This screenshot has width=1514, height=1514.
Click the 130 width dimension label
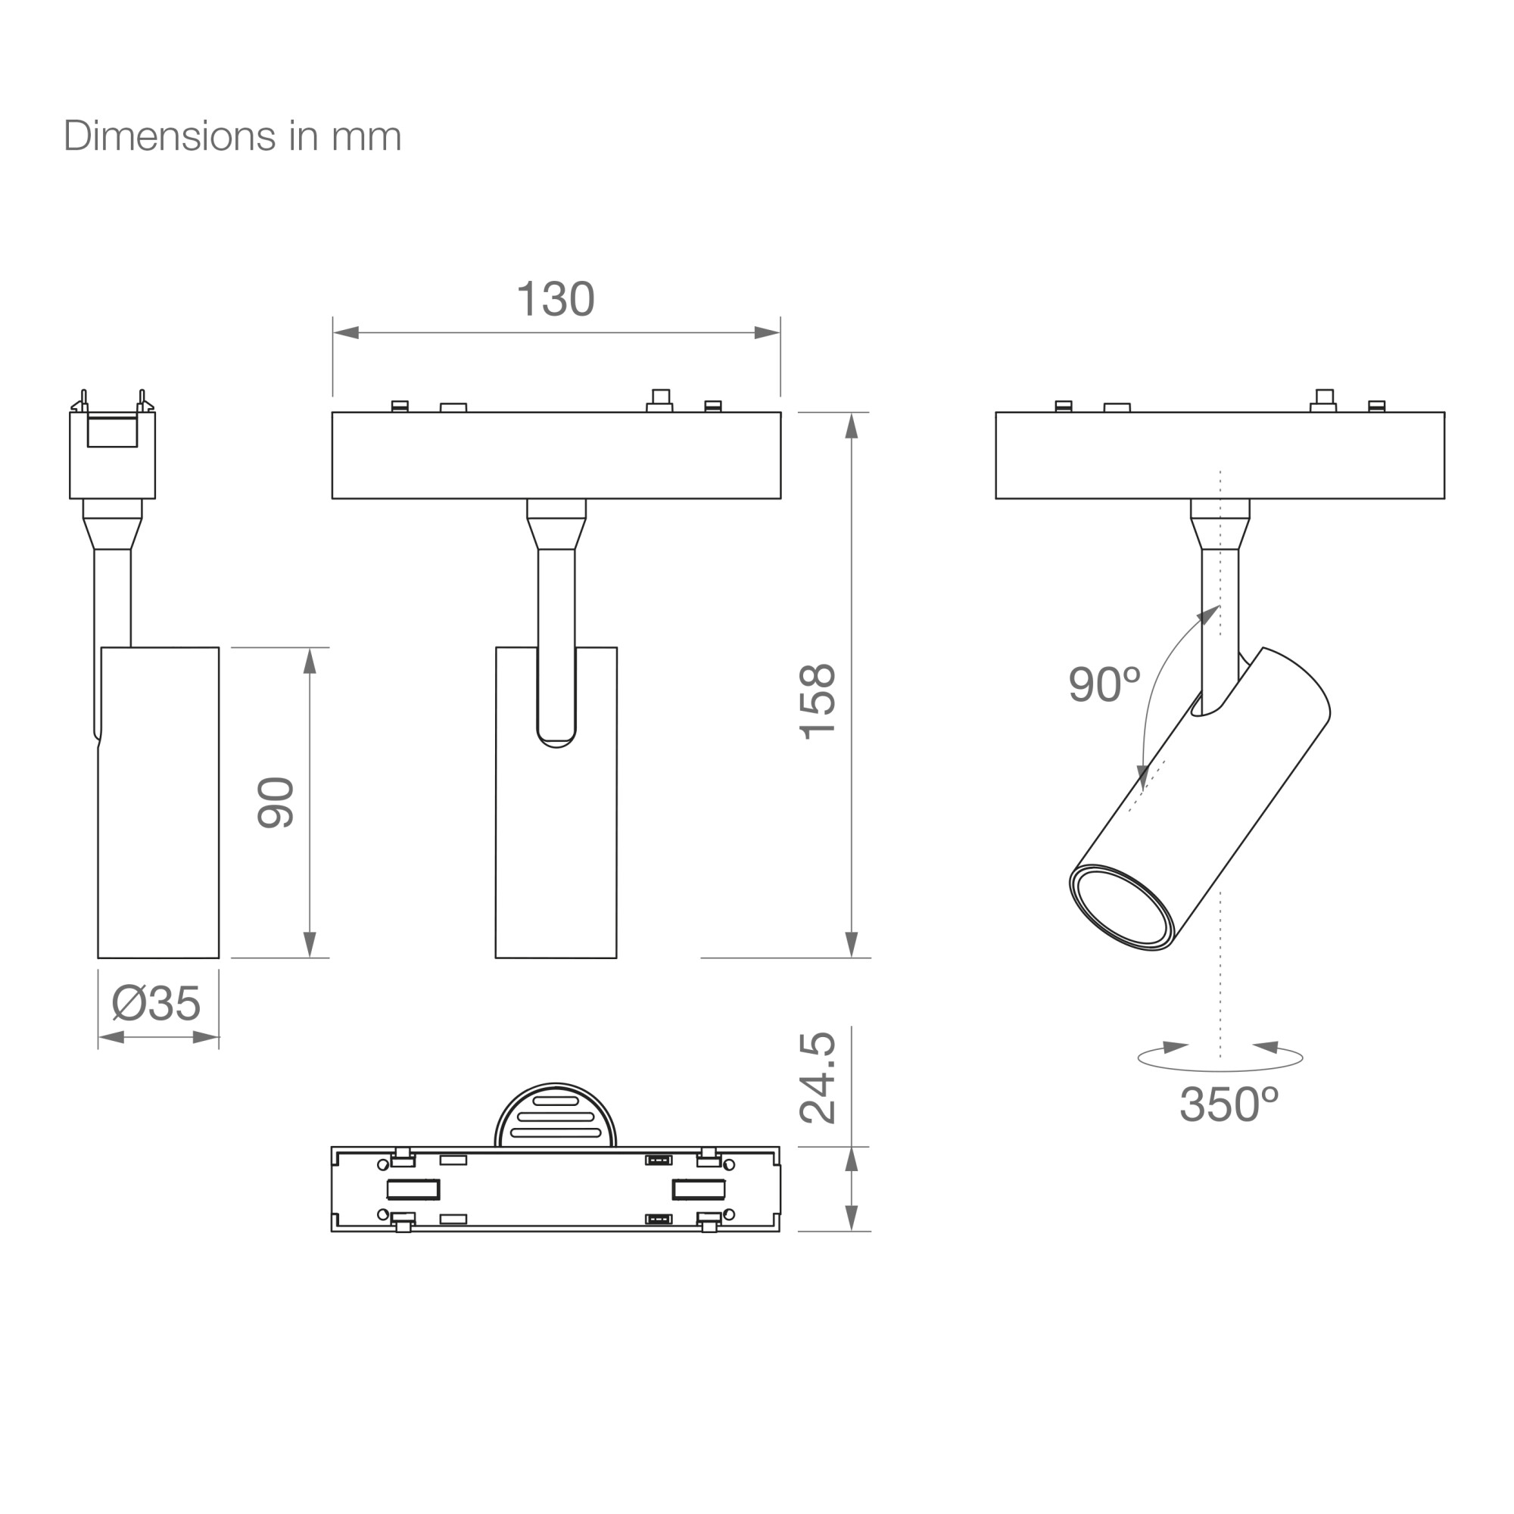click(556, 298)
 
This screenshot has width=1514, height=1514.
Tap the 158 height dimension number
click(818, 702)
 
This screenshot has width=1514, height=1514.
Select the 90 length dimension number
click(275, 802)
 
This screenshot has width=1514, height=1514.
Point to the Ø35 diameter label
click(157, 1003)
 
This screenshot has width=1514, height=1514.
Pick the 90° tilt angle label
click(1104, 684)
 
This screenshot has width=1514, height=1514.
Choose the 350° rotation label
click(1229, 1104)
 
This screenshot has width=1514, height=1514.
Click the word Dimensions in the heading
click(170, 136)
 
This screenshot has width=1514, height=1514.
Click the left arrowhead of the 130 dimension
click(346, 332)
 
